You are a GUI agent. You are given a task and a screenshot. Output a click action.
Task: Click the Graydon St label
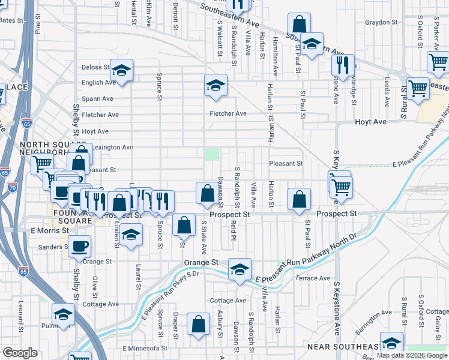[x=382, y=23]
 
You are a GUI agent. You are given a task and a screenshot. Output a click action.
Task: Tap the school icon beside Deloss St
[x=121, y=71]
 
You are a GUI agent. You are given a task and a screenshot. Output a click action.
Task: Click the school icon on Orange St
[x=240, y=269]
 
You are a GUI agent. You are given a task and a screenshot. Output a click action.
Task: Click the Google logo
[x=20, y=352]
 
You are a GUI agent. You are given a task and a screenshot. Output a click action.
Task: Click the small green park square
[x=212, y=154]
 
